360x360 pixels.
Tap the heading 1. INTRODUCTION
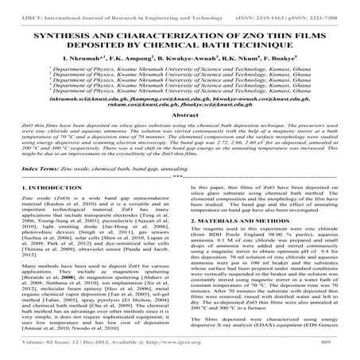point(42,210)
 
